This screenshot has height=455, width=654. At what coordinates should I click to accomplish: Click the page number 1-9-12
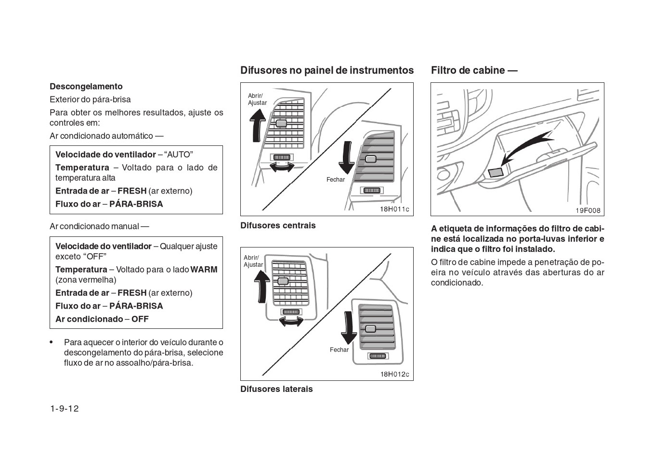(64, 409)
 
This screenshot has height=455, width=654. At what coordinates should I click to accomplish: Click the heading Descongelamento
(86, 87)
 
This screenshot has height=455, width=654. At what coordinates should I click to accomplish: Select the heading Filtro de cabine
(474, 70)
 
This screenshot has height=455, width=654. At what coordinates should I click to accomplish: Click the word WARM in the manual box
(204, 270)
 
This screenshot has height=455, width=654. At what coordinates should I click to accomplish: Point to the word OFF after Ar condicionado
(140, 319)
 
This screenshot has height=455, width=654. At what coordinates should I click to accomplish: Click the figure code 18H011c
(394, 209)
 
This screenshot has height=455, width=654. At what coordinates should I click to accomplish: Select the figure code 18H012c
(394, 374)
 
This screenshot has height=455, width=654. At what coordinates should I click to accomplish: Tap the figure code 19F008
(588, 210)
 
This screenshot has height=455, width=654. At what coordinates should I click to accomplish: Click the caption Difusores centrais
(278, 225)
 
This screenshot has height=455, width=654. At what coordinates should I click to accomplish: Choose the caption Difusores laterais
(276, 389)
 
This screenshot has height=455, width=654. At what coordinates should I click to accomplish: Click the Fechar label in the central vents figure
(336, 180)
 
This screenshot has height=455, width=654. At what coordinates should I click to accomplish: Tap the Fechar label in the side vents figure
(339, 350)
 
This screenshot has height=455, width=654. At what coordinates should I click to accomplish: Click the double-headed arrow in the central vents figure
(282, 167)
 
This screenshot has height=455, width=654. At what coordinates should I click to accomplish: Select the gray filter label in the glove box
(496, 172)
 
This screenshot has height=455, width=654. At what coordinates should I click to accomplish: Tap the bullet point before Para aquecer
(52, 342)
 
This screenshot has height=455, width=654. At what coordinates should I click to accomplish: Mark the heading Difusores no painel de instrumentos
(327, 70)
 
